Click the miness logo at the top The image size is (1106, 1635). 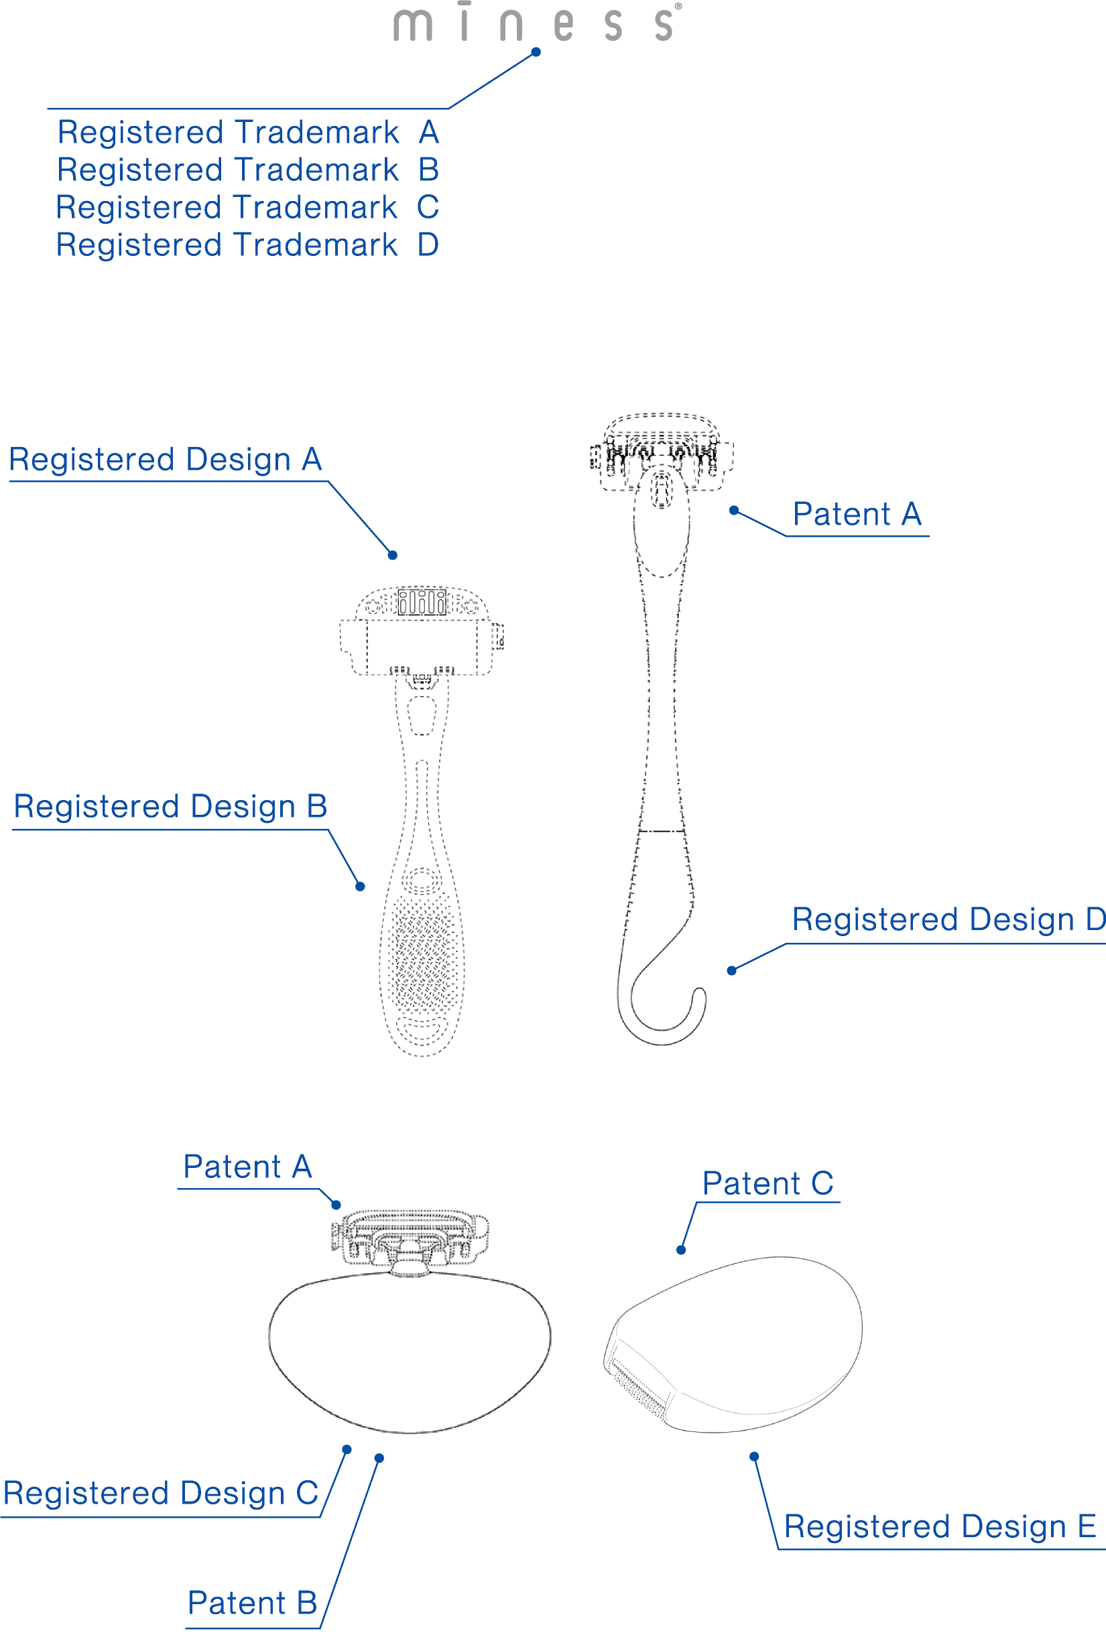[x=535, y=23]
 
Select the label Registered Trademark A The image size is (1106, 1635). [x=247, y=132]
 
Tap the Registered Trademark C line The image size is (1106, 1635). [x=247, y=208]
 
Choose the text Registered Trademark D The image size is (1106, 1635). [x=247, y=245]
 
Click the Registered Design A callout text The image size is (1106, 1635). [x=166, y=460]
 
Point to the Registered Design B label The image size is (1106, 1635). [x=170, y=806]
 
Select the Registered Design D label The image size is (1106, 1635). [x=948, y=919]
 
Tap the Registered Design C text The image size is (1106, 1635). [x=161, y=1493]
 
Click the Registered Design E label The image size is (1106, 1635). [x=940, y=1526]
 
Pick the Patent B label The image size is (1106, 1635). [x=252, y=1604]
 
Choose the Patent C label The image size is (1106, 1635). [x=767, y=1183]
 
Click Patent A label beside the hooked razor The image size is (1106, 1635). [x=857, y=514]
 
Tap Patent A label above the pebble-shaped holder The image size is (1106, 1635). [x=247, y=1167]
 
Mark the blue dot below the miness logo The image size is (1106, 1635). [x=536, y=52]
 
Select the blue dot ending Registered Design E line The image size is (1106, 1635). [x=753, y=1456]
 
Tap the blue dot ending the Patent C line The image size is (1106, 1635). [x=681, y=1250]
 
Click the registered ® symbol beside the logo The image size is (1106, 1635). [x=678, y=6]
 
